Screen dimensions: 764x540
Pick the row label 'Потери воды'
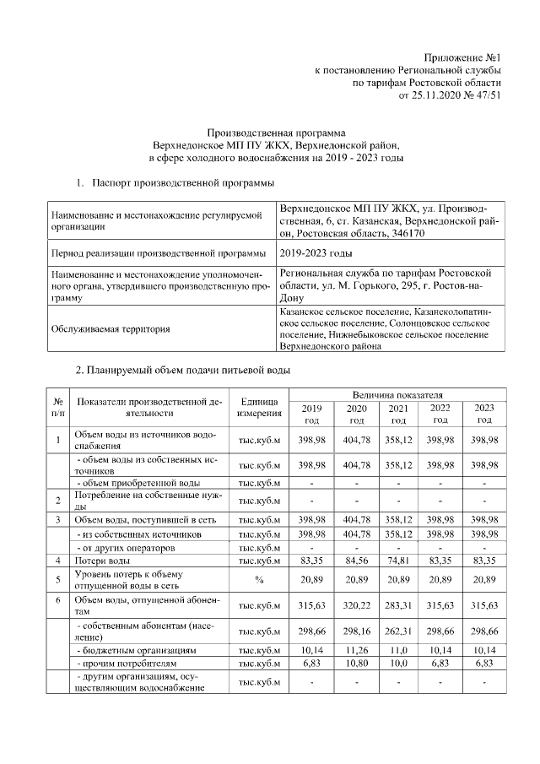(103, 561)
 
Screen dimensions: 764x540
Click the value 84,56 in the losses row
(356, 561)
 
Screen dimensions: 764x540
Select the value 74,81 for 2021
(397, 561)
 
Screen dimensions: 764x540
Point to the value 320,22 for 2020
(356, 605)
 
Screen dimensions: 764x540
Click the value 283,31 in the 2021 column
(397, 605)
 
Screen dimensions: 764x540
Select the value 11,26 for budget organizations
(356, 651)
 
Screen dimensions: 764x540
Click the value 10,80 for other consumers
(356, 665)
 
